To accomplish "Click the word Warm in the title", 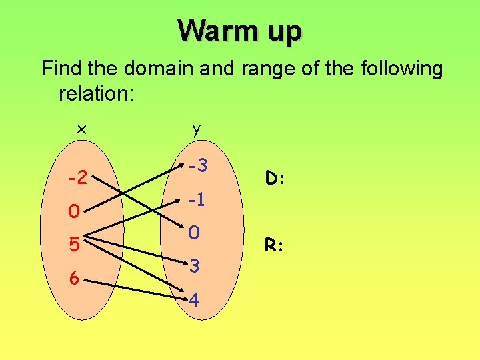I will coord(211,30).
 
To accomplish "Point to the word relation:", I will coord(97,93).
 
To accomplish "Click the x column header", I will coord(81,130).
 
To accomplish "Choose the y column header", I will coord(195,130).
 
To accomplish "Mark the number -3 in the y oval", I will coord(198,165).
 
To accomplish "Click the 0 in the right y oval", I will coord(194,233).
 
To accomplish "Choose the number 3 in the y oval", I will coord(194,267).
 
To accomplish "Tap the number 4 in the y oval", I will coord(194,301).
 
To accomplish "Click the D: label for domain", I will coord(275,178).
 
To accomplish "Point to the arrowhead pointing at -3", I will coord(181,167).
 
